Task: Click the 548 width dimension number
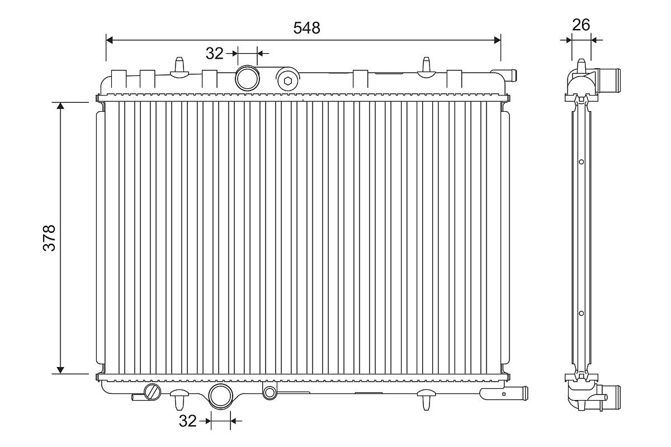click(x=306, y=28)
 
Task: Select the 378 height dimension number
click(x=49, y=237)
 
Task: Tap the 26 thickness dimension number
click(x=581, y=25)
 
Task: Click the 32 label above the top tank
click(x=215, y=54)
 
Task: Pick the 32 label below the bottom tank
click(x=187, y=421)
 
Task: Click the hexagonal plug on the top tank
click(x=288, y=80)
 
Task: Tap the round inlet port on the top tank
click(x=247, y=78)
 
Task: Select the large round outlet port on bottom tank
click(x=221, y=396)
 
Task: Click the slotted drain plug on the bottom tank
click(x=153, y=391)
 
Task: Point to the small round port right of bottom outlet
click(x=270, y=392)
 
